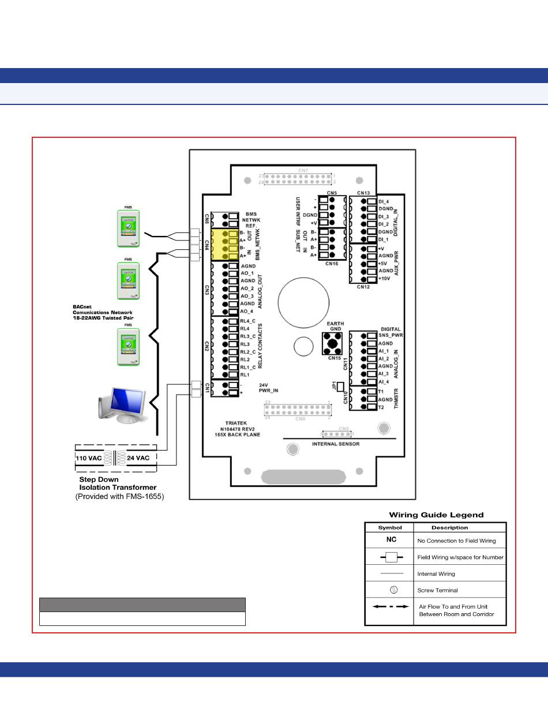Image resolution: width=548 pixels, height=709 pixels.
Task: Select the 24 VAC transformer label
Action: pos(138,458)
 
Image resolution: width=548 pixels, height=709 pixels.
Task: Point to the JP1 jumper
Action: pos(340,387)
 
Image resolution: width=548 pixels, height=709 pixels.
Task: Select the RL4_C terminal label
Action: pos(248,321)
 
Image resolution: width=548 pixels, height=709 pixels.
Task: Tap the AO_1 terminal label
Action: pos(247,273)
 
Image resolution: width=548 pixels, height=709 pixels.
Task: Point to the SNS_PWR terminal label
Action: pos(391,335)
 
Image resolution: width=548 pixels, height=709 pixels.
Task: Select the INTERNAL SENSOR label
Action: pos(335,444)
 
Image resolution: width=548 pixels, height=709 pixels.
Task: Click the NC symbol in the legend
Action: pos(391,541)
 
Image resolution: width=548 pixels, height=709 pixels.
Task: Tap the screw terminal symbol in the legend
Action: pos(391,590)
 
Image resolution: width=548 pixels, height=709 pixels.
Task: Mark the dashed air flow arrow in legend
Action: pos(391,607)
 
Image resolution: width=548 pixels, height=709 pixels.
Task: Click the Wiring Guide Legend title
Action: pos(436,515)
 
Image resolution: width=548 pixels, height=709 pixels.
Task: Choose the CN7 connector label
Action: pos(303,170)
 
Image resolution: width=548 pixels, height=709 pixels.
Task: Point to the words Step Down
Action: pos(99,479)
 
